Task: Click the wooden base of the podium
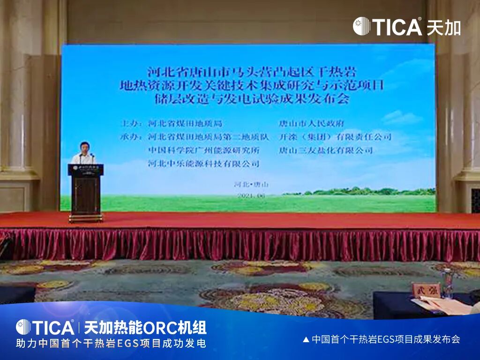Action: (x=85, y=217)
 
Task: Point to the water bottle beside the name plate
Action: (x=448, y=284)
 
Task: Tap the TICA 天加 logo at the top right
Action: (x=406, y=26)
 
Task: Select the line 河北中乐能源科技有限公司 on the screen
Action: (x=203, y=164)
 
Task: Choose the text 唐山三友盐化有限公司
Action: (x=326, y=150)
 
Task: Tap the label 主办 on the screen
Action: (x=131, y=124)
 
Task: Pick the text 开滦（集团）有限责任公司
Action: (x=335, y=137)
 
